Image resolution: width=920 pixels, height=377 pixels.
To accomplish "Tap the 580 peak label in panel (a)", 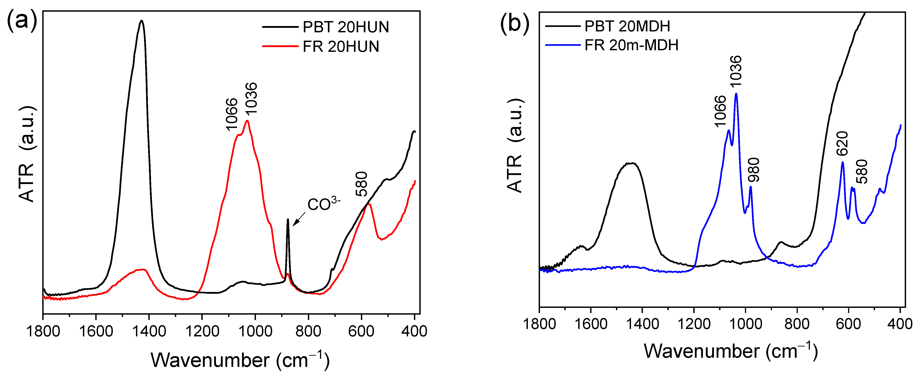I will (362, 184).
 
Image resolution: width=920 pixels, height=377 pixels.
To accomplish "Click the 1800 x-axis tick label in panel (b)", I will (539, 324).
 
